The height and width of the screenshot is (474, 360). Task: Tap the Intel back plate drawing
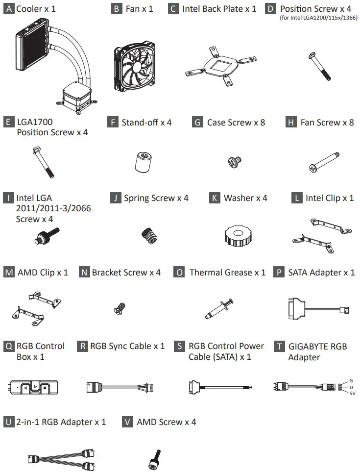coord(221,66)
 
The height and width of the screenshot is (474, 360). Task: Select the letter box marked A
coord(9,8)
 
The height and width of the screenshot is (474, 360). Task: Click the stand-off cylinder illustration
coord(143,162)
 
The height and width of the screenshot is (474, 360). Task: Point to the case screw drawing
coord(234,162)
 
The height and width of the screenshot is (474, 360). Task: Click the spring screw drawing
coord(149,236)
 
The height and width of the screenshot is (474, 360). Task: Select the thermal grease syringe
coord(219,309)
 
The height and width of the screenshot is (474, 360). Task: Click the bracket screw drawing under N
coord(120,309)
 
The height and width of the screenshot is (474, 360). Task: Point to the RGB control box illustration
coord(32,387)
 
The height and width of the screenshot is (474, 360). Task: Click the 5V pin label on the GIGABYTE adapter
coord(352,393)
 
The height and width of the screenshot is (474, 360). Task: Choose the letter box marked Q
coord(9,346)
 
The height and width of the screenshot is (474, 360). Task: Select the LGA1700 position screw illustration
coord(43,162)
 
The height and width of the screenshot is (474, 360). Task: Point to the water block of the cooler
coord(76,97)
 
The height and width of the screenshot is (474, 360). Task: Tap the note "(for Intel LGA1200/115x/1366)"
coord(319,18)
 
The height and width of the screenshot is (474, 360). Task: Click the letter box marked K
coord(215,198)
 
